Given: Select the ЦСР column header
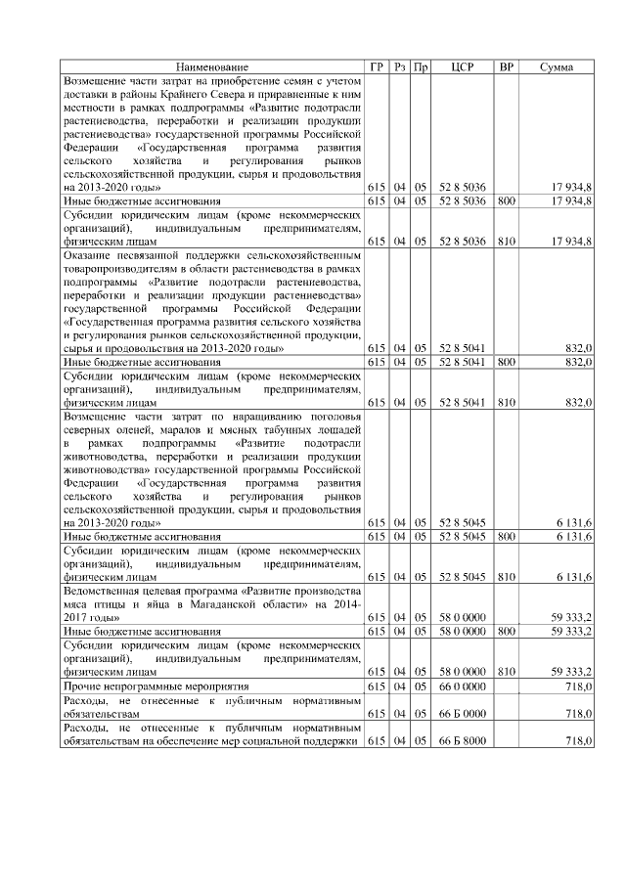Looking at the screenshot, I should pos(463,66).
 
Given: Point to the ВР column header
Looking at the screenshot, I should pos(506,66).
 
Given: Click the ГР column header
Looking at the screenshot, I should pos(377,66).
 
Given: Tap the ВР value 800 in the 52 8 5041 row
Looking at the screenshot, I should pos(506,361).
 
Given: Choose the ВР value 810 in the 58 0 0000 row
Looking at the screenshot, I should pos(506,673).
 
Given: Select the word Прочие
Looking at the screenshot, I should pos(80,688).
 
